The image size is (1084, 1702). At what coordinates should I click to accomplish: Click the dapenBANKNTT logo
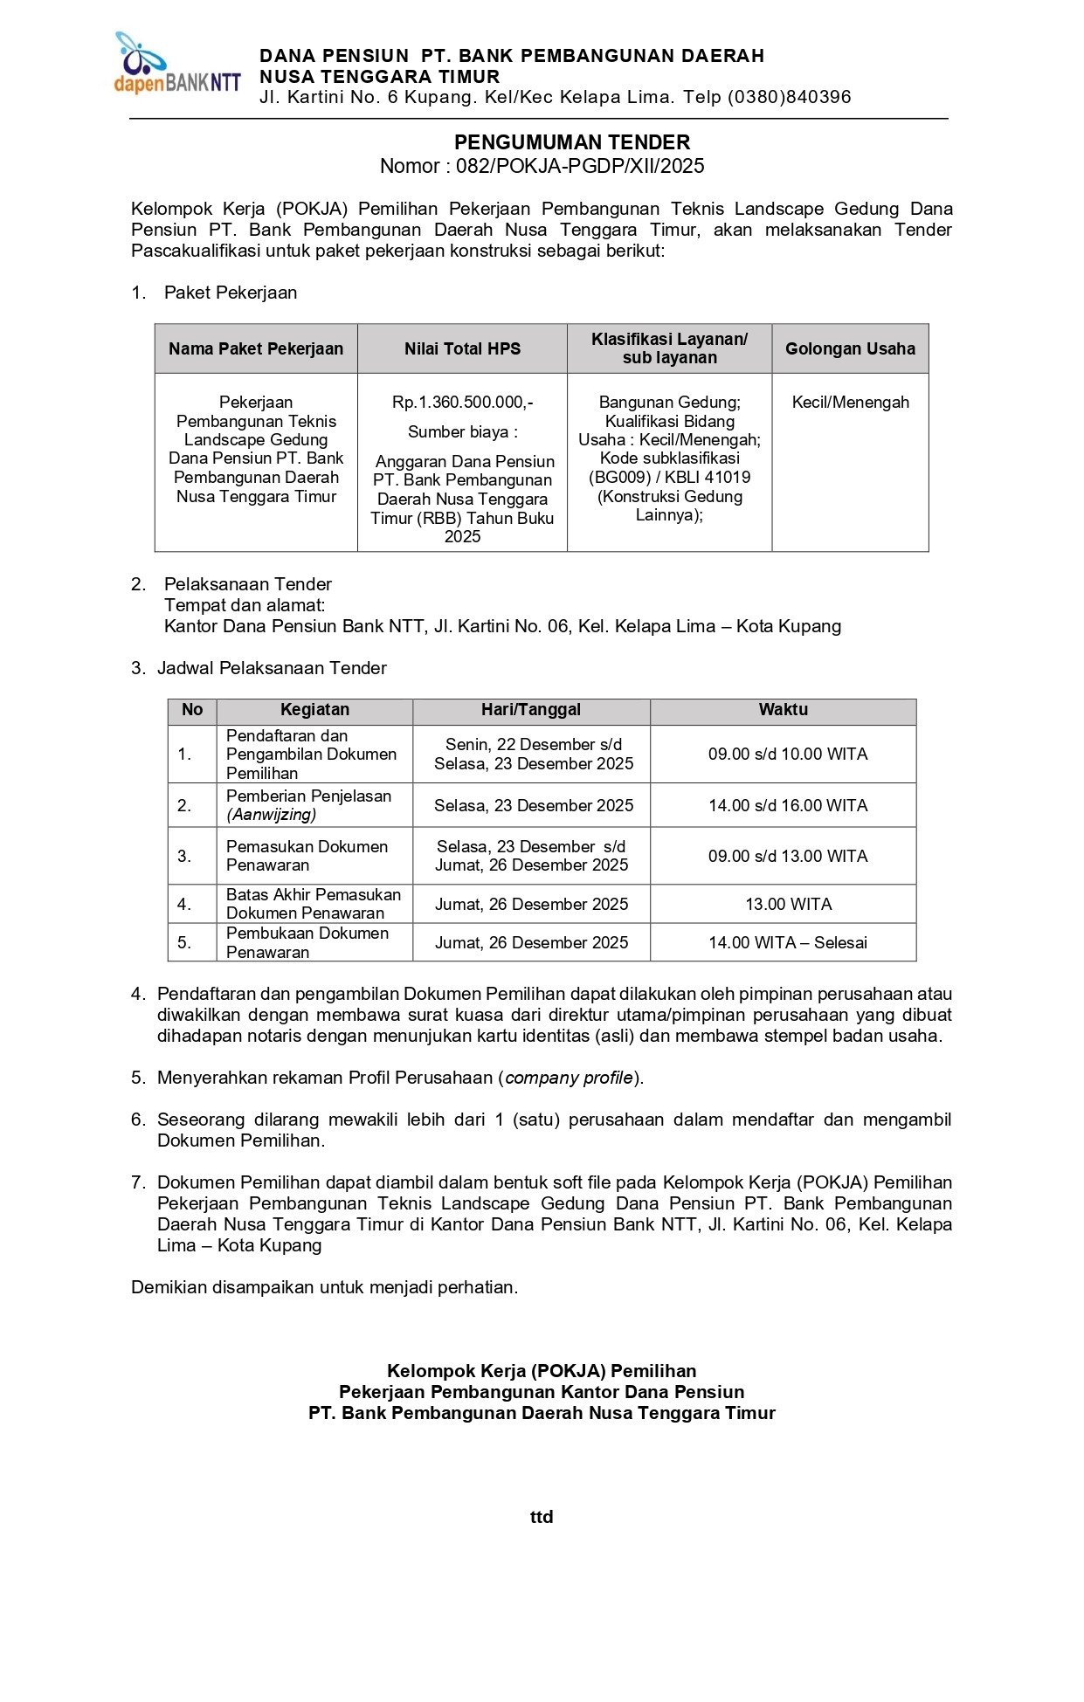(x=176, y=65)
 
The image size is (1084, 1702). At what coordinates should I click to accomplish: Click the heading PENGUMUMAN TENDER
(x=572, y=142)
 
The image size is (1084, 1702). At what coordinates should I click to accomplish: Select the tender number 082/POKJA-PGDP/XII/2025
(x=580, y=166)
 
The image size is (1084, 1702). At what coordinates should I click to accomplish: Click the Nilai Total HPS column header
(x=462, y=349)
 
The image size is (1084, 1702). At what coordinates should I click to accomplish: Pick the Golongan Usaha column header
(x=850, y=349)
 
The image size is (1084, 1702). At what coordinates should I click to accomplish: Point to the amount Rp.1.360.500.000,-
(x=462, y=403)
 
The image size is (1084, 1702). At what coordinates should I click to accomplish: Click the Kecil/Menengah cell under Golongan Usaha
(x=850, y=403)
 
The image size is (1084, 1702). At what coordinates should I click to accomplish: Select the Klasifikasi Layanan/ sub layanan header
(x=669, y=348)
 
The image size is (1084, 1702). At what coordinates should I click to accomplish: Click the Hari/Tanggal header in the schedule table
(x=530, y=710)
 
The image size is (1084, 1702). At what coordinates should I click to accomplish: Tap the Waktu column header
(x=783, y=710)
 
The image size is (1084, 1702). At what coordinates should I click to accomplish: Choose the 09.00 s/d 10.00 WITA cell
(x=787, y=755)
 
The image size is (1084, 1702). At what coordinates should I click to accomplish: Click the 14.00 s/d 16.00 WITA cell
(x=787, y=806)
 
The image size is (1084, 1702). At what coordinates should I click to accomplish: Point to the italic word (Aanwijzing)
(x=272, y=815)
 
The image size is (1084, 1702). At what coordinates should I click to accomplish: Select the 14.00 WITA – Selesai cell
(x=787, y=943)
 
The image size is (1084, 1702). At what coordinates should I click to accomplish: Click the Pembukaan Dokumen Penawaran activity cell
(x=307, y=943)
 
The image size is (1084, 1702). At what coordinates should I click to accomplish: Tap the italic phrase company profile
(x=569, y=1078)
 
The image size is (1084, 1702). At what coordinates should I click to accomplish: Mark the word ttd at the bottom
(x=542, y=1517)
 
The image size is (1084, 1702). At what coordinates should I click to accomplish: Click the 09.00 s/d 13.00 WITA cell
(x=787, y=857)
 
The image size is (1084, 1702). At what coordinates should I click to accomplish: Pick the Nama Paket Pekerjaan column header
(x=256, y=349)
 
